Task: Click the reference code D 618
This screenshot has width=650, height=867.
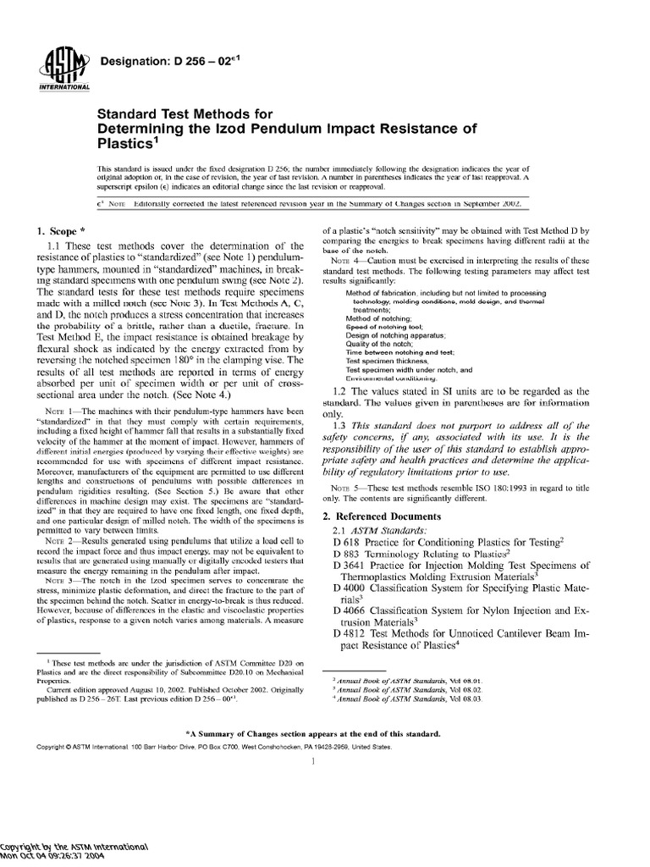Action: point(350,542)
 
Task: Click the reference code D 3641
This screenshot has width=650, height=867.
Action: point(353,566)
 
